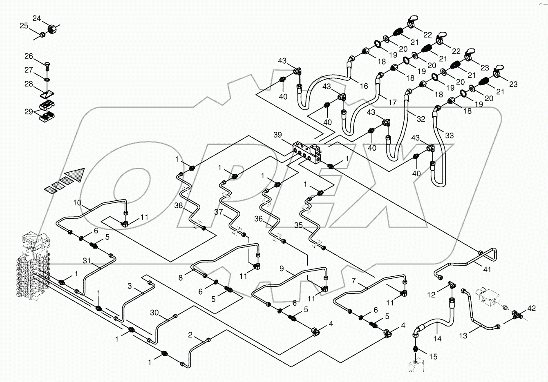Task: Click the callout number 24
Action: (37, 18)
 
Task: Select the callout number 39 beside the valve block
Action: (278, 135)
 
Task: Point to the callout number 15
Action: (433, 357)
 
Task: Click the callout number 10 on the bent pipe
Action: (77, 203)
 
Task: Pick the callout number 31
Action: (86, 260)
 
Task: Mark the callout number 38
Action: (179, 206)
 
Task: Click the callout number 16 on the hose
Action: (364, 86)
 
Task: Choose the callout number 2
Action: (190, 335)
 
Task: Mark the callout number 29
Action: (28, 111)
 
